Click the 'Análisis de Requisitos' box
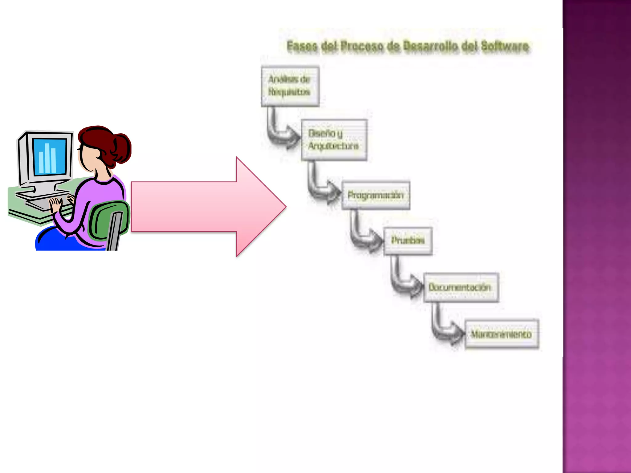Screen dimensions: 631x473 pyautogui.click(x=290, y=86)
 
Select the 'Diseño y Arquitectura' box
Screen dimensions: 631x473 pyautogui.click(x=334, y=140)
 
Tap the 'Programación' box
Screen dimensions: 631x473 pyautogui.click(x=376, y=195)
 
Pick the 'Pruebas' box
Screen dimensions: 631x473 pyautogui.click(x=408, y=241)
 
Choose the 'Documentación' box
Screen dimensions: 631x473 pyautogui.click(x=461, y=287)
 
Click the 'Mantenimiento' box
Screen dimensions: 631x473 pyautogui.click(x=502, y=334)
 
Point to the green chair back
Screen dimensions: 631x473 pyautogui.click(x=108, y=220)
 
